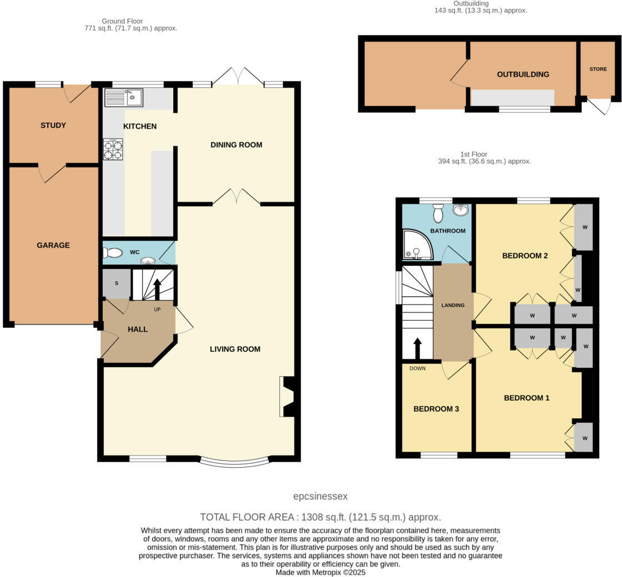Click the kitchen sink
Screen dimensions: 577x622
click(123, 98)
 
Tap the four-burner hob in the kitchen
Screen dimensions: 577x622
click(113, 149)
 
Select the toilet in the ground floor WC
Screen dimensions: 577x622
click(112, 253)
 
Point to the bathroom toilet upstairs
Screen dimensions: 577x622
click(438, 212)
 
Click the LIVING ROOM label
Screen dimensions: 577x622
click(235, 349)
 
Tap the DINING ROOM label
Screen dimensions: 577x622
click(236, 145)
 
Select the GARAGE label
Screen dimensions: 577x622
click(53, 245)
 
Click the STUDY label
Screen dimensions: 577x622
click(53, 125)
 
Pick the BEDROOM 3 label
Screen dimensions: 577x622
click(436, 409)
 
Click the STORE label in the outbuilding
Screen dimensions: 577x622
click(598, 69)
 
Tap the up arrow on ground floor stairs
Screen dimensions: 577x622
click(157, 289)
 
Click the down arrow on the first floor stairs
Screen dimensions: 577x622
click(418, 348)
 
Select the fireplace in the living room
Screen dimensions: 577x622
click(289, 397)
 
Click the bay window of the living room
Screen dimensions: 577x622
click(234, 461)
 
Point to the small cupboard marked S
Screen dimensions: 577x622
click(117, 284)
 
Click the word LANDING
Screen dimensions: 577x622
click(453, 305)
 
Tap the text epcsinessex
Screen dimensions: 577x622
click(320, 497)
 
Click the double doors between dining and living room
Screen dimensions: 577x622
click(237, 197)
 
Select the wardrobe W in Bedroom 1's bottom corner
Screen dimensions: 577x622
click(584, 438)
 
